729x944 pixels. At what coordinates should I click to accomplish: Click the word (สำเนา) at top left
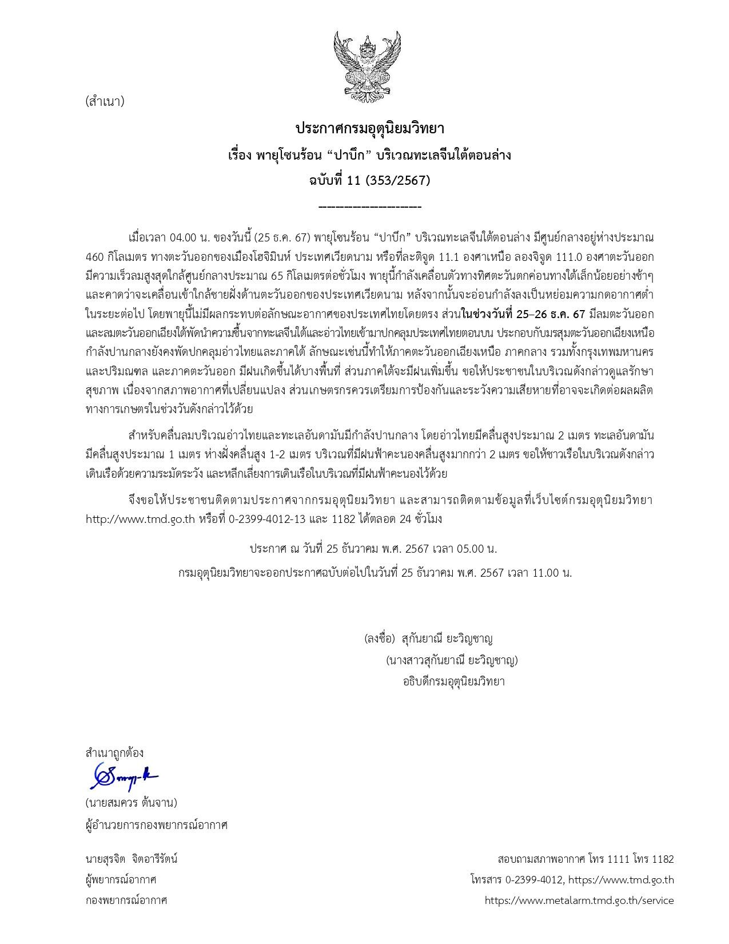(105, 102)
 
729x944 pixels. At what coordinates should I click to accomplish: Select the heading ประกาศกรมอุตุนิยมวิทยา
(369, 128)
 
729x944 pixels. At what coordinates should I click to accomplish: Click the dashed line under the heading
(369, 207)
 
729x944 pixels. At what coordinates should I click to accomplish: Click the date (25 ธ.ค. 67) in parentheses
(282, 237)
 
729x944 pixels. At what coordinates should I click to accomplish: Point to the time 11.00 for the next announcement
(545, 573)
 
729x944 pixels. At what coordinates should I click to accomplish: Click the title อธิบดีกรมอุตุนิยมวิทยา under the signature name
(453, 681)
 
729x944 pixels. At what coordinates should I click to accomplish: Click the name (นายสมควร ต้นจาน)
(132, 803)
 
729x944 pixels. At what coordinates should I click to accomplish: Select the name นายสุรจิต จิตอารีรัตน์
(132, 859)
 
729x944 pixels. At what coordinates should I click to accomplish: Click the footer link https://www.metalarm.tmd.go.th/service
(579, 900)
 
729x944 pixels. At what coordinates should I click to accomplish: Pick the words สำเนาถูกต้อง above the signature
(114, 752)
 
